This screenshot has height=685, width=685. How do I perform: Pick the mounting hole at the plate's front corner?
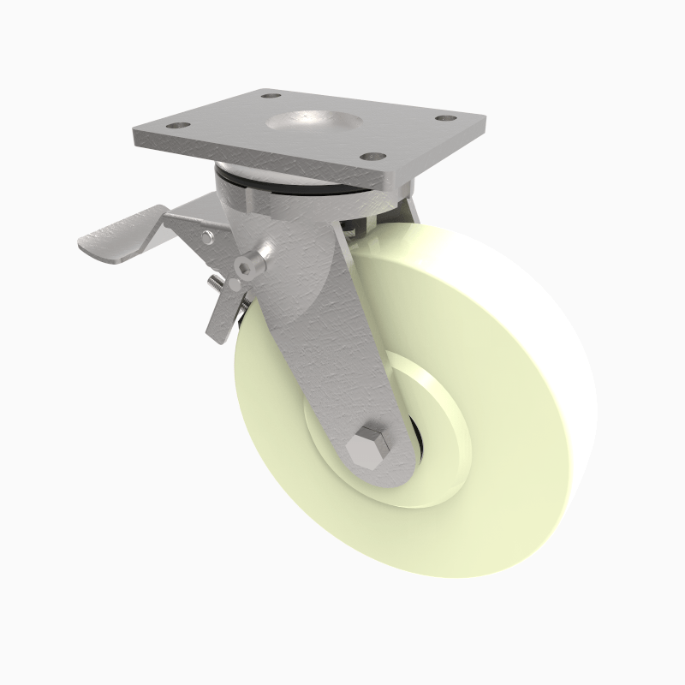click(371, 158)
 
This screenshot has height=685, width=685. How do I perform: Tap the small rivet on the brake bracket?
click(208, 234)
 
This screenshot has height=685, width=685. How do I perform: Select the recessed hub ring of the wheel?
click(445, 428)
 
